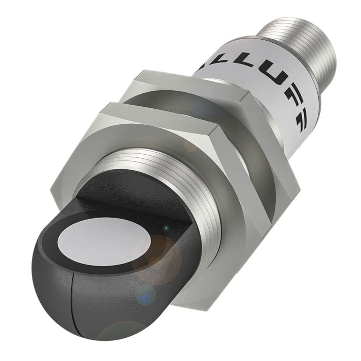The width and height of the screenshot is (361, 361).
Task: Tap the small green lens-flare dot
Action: (166, 227)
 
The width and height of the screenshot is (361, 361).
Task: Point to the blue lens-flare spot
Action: (146, 294)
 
